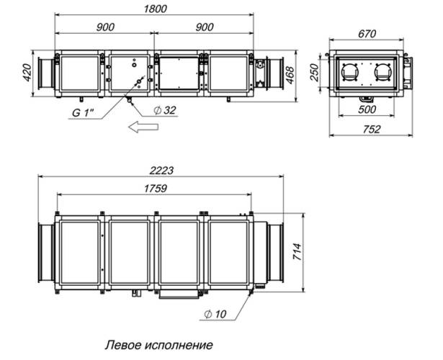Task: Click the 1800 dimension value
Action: (155, 9)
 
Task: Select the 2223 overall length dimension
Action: (161, 171)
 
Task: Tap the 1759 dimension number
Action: (155, 189)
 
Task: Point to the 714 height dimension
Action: (297, 251)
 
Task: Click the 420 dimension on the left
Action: (27, 73)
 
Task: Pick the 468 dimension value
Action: (290, 75)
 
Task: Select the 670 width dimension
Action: (367, 34)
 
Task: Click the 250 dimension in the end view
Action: (314, 73)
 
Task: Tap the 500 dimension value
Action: (367, 109)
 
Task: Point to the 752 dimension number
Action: (372, 129)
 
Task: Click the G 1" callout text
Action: (84, 113)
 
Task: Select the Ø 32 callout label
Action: (165, 110)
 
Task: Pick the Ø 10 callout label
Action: (215, 314)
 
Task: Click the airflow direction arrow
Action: (143, 126)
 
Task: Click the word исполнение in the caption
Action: (179, 345)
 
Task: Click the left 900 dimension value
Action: (105, 27)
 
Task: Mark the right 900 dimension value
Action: (205, 27)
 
